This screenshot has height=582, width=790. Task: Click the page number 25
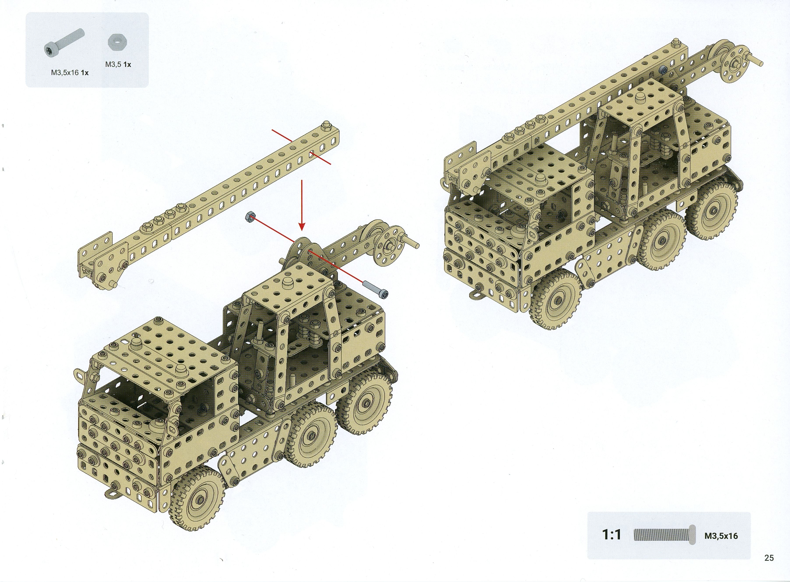click(x=769, y=558)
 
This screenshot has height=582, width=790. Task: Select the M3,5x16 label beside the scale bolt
click(x=721, y=536)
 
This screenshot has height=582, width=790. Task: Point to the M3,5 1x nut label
click(x=118, y=65)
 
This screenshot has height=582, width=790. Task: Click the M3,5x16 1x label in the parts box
click(x=70, y=73)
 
